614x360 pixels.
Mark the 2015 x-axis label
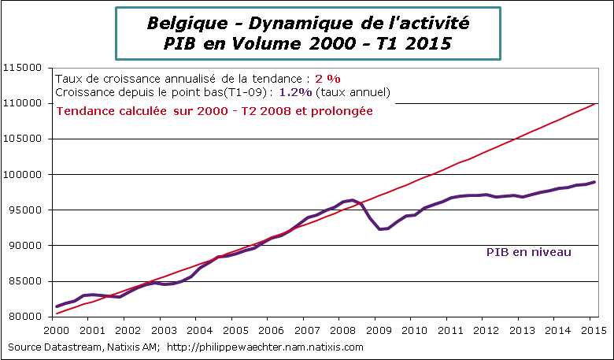coord(591,332)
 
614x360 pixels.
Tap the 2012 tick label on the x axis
coord(484,332)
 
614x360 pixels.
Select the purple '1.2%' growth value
coord(293,92)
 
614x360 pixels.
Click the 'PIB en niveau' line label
coord(527,253)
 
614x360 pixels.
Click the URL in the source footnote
coord(265,347)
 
